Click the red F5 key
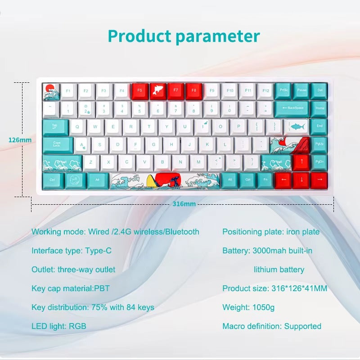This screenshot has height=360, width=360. coord(139,91)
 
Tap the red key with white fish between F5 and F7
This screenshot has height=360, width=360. coord(157,91)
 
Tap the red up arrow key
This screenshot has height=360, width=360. coord(301,162)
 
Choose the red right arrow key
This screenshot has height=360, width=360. coord(319,180)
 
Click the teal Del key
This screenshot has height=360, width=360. coord(319,91)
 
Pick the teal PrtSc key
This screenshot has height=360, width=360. coord(283,91)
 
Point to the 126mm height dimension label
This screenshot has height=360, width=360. coord(20,140)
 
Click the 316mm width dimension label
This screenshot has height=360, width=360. coord(184,204)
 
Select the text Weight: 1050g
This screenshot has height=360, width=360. coord(248,307)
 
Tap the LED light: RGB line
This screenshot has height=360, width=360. coord(58,326)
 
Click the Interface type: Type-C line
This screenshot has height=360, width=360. coord(71,251)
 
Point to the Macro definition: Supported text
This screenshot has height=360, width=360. coord(272,326)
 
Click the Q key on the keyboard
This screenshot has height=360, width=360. coord(77,127)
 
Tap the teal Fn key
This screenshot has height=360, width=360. coord(265,180)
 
